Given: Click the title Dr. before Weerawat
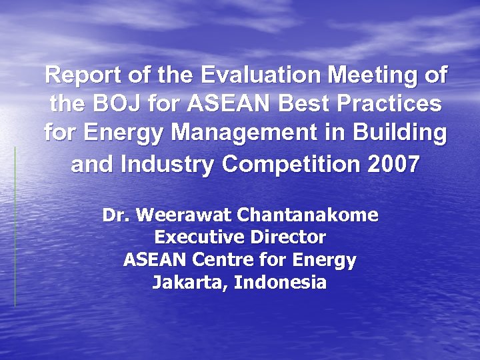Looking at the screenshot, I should pos(115,216).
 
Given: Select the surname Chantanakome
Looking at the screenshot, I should pos(308,216).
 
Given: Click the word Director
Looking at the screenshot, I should pos(287,237).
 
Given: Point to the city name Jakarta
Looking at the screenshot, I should pos(191,283).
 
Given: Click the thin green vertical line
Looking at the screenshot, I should pos(15,227).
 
